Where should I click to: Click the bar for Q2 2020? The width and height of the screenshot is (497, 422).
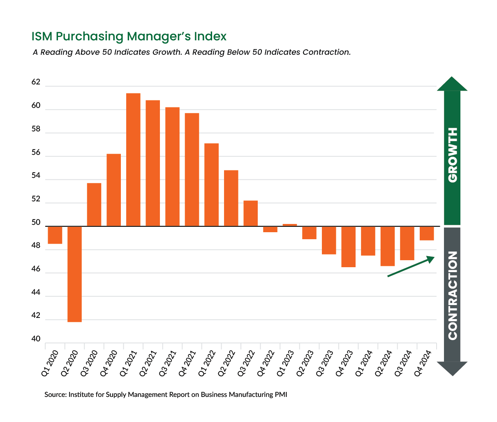[74, 274]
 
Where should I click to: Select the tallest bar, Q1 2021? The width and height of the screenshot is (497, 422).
[133, 160]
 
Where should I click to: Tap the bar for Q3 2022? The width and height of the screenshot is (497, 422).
[250, 213]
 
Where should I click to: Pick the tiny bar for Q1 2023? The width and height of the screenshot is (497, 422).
[289, 225]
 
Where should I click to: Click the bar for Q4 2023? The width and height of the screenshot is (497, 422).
[348, 247]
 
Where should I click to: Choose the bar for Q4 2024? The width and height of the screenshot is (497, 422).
[426, 233]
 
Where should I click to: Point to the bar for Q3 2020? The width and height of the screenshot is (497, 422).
[94, 205]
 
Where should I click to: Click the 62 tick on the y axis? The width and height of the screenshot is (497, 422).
[36, 82]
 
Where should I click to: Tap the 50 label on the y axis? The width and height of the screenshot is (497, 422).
[36, 223]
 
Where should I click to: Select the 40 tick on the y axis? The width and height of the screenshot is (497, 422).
[36, 339]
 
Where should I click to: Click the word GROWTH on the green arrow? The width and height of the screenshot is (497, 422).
[452, 155]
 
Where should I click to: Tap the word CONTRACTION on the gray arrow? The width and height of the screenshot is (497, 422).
[452, 295]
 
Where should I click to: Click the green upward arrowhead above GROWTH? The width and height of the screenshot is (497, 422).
[452, 84]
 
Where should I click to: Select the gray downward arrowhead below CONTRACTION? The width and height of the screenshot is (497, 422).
[452, 368]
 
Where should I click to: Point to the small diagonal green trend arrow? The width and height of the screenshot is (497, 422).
[411, 266]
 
